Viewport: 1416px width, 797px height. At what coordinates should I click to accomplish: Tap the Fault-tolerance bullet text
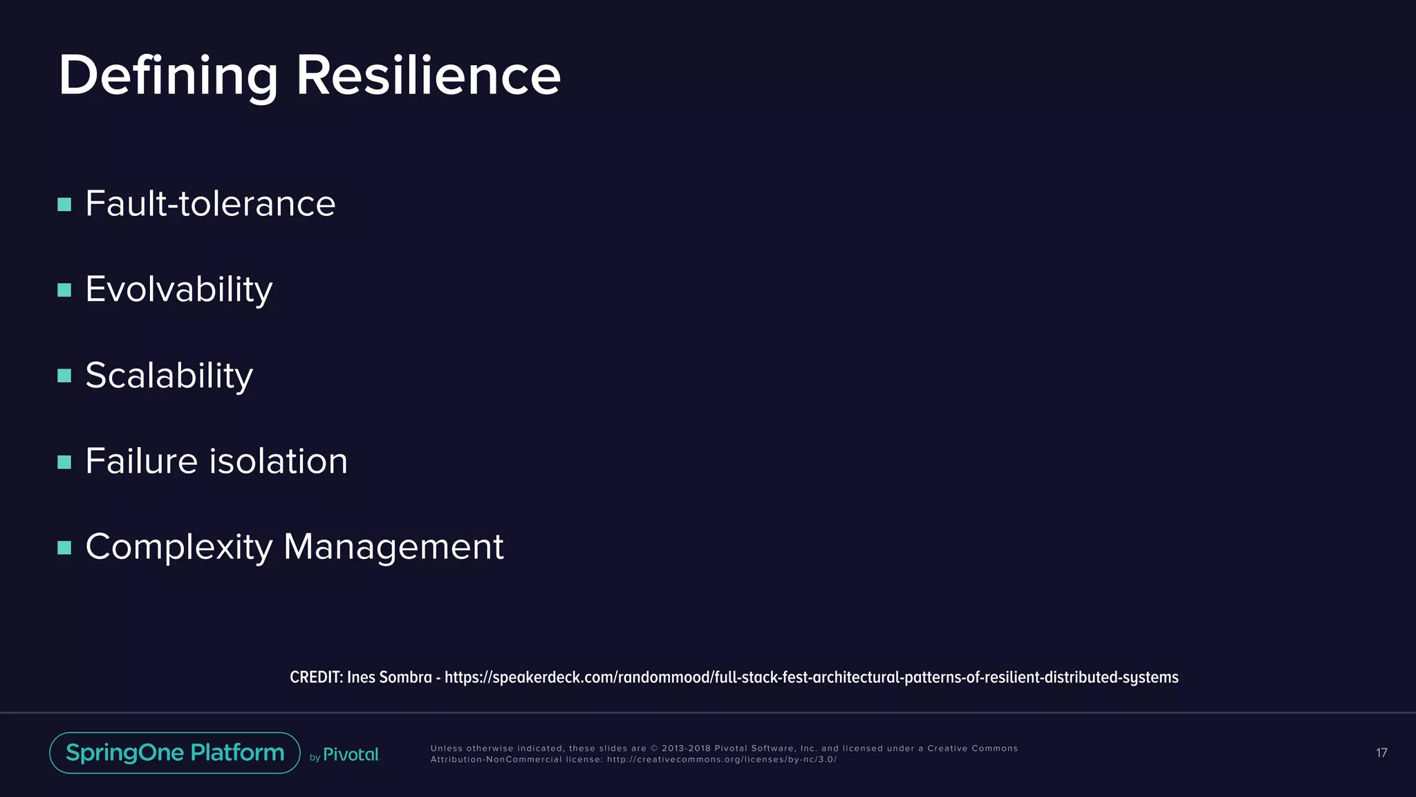[x=210, y=204]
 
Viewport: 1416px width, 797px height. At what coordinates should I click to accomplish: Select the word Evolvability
[x=178, y=290]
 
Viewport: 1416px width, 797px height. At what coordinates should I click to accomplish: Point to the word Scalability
[x=169, y=376]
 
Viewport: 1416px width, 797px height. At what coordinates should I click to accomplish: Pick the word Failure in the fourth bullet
[x=141, y=461]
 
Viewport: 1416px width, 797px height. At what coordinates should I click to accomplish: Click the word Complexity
[x=179, y=547]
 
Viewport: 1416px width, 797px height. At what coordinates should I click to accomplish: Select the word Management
[x=393, y=547]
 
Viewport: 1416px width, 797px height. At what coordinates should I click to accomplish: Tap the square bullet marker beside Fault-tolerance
[x=64, y=205]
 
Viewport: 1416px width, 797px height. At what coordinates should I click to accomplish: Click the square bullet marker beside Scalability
[x=64, y=376]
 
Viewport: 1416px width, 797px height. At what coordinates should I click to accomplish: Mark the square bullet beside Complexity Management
[x=64, y=548]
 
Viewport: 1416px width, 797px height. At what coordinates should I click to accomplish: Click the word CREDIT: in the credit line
[x=316, y=677]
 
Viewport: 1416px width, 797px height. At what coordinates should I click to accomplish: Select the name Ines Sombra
[x=389, y=677]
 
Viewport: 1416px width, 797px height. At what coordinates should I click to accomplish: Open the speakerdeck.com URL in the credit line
[x=811, y=677]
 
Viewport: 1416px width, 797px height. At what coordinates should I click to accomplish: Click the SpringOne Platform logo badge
[x=175, y=753]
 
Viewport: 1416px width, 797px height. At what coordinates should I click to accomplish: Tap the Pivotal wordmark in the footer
[x=351, y=755]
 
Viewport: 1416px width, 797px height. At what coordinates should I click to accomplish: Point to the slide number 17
[x=1381, y=753]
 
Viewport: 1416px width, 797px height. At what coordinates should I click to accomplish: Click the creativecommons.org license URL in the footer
[x=721, y=760]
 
